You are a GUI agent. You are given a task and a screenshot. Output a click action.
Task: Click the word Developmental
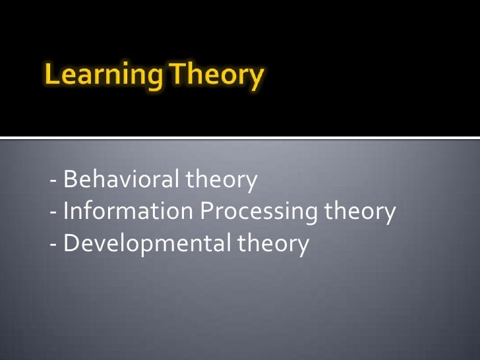[144, 244]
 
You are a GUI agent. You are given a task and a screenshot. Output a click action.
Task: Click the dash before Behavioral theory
[53, 181]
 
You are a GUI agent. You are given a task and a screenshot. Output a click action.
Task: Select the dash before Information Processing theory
[53, 214]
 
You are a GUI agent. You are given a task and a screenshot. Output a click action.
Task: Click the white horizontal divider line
[240, 138]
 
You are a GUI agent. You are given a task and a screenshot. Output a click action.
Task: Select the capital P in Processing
[207, 212]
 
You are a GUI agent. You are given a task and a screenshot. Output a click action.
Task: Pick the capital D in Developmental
[71, 244]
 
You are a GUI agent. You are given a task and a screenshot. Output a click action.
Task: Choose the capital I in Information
[66, 212]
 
